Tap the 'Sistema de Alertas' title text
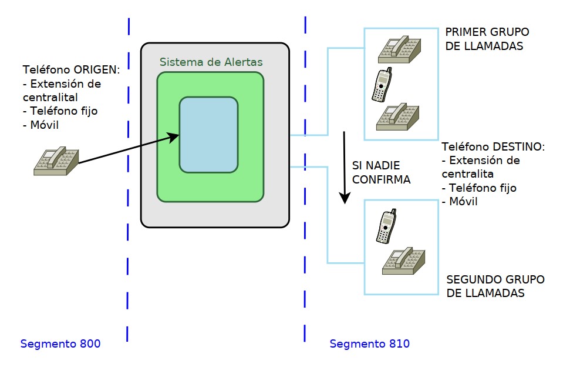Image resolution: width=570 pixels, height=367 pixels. point(211,62)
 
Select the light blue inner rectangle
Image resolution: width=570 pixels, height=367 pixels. point(209,135)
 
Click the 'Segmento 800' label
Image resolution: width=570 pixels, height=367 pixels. point(60,343)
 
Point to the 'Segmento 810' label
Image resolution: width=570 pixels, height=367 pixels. point(370,343)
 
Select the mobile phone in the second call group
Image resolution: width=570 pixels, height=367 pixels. point(385,227)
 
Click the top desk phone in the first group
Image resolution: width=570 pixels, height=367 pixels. point(399,49)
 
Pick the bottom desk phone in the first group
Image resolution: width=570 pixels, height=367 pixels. point(398,116)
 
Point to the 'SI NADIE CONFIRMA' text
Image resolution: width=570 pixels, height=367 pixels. point(381,172)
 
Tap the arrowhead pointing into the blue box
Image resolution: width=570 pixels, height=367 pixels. point(174,138)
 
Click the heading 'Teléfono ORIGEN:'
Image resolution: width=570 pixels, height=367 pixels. point(71,69)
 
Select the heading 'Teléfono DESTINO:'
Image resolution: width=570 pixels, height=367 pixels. point(493,146)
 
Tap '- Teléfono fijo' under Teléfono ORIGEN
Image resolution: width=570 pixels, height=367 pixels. point(60,110)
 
